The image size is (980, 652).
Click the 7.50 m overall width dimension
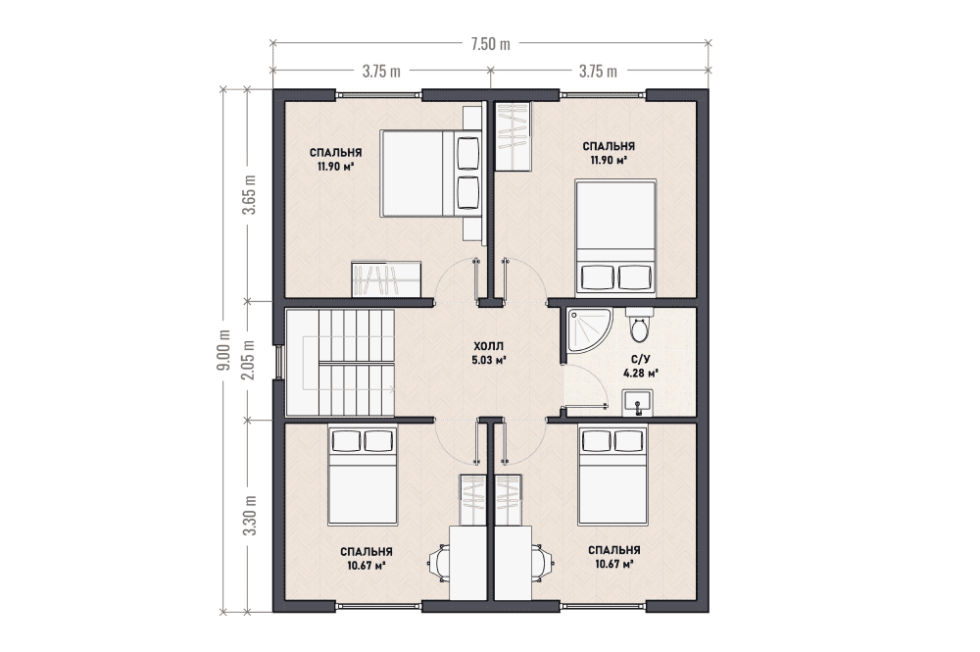491,44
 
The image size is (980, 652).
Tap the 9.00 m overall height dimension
223,350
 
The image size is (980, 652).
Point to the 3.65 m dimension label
250,194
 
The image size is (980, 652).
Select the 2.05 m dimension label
249,360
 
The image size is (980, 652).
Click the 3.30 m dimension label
250,515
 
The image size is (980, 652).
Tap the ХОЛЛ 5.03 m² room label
489,353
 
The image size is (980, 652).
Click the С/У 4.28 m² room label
641,367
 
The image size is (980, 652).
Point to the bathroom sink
638,402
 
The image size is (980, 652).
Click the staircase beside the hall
340,362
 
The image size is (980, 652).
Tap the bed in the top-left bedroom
430,174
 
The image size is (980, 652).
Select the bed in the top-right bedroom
615,237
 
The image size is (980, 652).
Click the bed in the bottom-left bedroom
364,476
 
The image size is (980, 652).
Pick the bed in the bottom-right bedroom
613,476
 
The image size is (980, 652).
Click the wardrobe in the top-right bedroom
514,135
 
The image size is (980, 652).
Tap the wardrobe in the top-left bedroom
385,278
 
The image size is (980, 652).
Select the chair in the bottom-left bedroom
439,563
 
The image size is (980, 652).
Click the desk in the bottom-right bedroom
514,563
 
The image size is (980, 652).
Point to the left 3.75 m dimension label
381,72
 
